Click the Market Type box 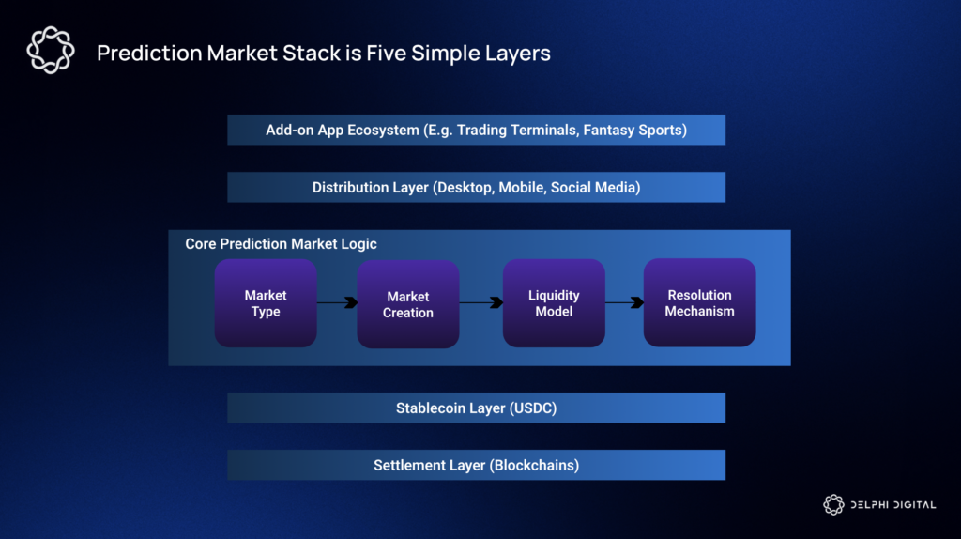pyautogui.click(x=266, y=303)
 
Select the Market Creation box pyautogui.click(x=408, y=304)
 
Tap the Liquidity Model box pyautogui.click(x=554, y=303)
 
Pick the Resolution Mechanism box pyautogui.click(x=699, y=302)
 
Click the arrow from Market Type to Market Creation pyautogui.click(x=337, y=302)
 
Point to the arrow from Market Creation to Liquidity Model pyautogui.click(x=481, y=302)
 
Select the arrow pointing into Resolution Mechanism pyautogui.click(x=624, y=302)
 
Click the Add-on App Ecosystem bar pyautogui.click(x=476, y=130)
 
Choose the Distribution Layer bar pyautogui.click(x=476, y=187)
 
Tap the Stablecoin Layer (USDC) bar pyautogui.click(x=476, y=408)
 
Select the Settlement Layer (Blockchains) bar pyautogui.click(x=476, y=465)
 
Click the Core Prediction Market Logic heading pyautogui.click(x=281, y=244)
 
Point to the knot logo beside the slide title pyautogui.click(x=50, y=51)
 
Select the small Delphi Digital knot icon pyautogui.click(x=833, y=505)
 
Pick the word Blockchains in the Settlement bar pyautogui.click(x=533, y=466)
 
